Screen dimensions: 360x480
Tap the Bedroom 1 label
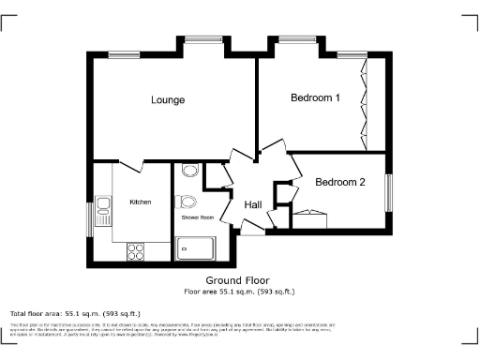(x=314, y=97)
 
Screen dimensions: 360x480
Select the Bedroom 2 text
(x=339, y=182)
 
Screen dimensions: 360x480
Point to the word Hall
(x=253, y=205)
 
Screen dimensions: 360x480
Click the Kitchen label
(x=140, y=202)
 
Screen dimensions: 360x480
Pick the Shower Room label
(x=197, y=217)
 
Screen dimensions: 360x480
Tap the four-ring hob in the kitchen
(x=135, y=250)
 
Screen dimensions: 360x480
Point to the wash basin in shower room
(x=188, y=172)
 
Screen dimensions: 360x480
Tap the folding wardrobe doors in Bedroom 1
(x=364, y=103)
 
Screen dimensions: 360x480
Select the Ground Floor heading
(x=237, y=280)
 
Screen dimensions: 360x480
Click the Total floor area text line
(x=75, y=313)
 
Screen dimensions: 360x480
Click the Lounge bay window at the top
(x=201, y=39)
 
